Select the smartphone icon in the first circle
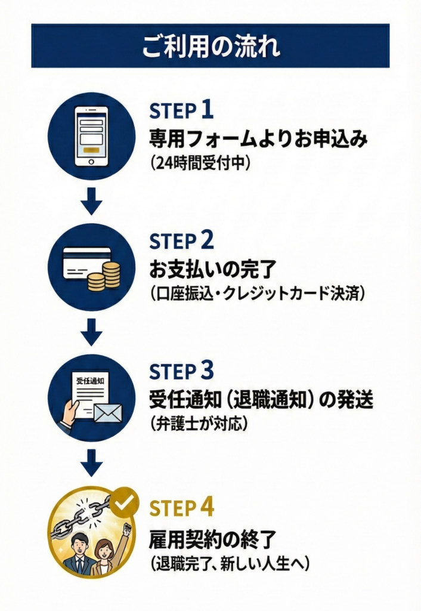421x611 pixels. coord(91,136)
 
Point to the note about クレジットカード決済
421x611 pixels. coord(257,294)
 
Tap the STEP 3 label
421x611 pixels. coord(181,371)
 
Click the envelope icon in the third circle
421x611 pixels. coord(107,412)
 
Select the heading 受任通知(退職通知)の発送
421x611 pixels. coord(261,400)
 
